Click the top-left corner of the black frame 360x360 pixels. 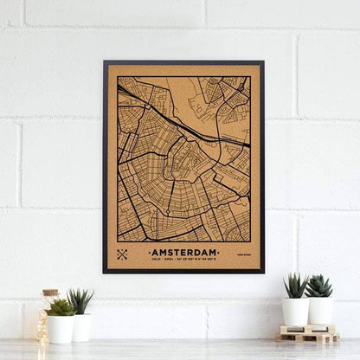pos(104,61)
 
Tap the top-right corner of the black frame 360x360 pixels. pos(263,61)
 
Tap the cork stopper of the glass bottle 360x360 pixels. pos(50,294)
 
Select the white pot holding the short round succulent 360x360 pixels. pos(61,329)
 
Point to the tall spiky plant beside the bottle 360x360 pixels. pos(80,301)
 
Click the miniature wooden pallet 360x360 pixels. pos(308,334)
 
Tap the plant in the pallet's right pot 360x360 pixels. pos(318,286)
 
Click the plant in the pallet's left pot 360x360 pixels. pos(295,285)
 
